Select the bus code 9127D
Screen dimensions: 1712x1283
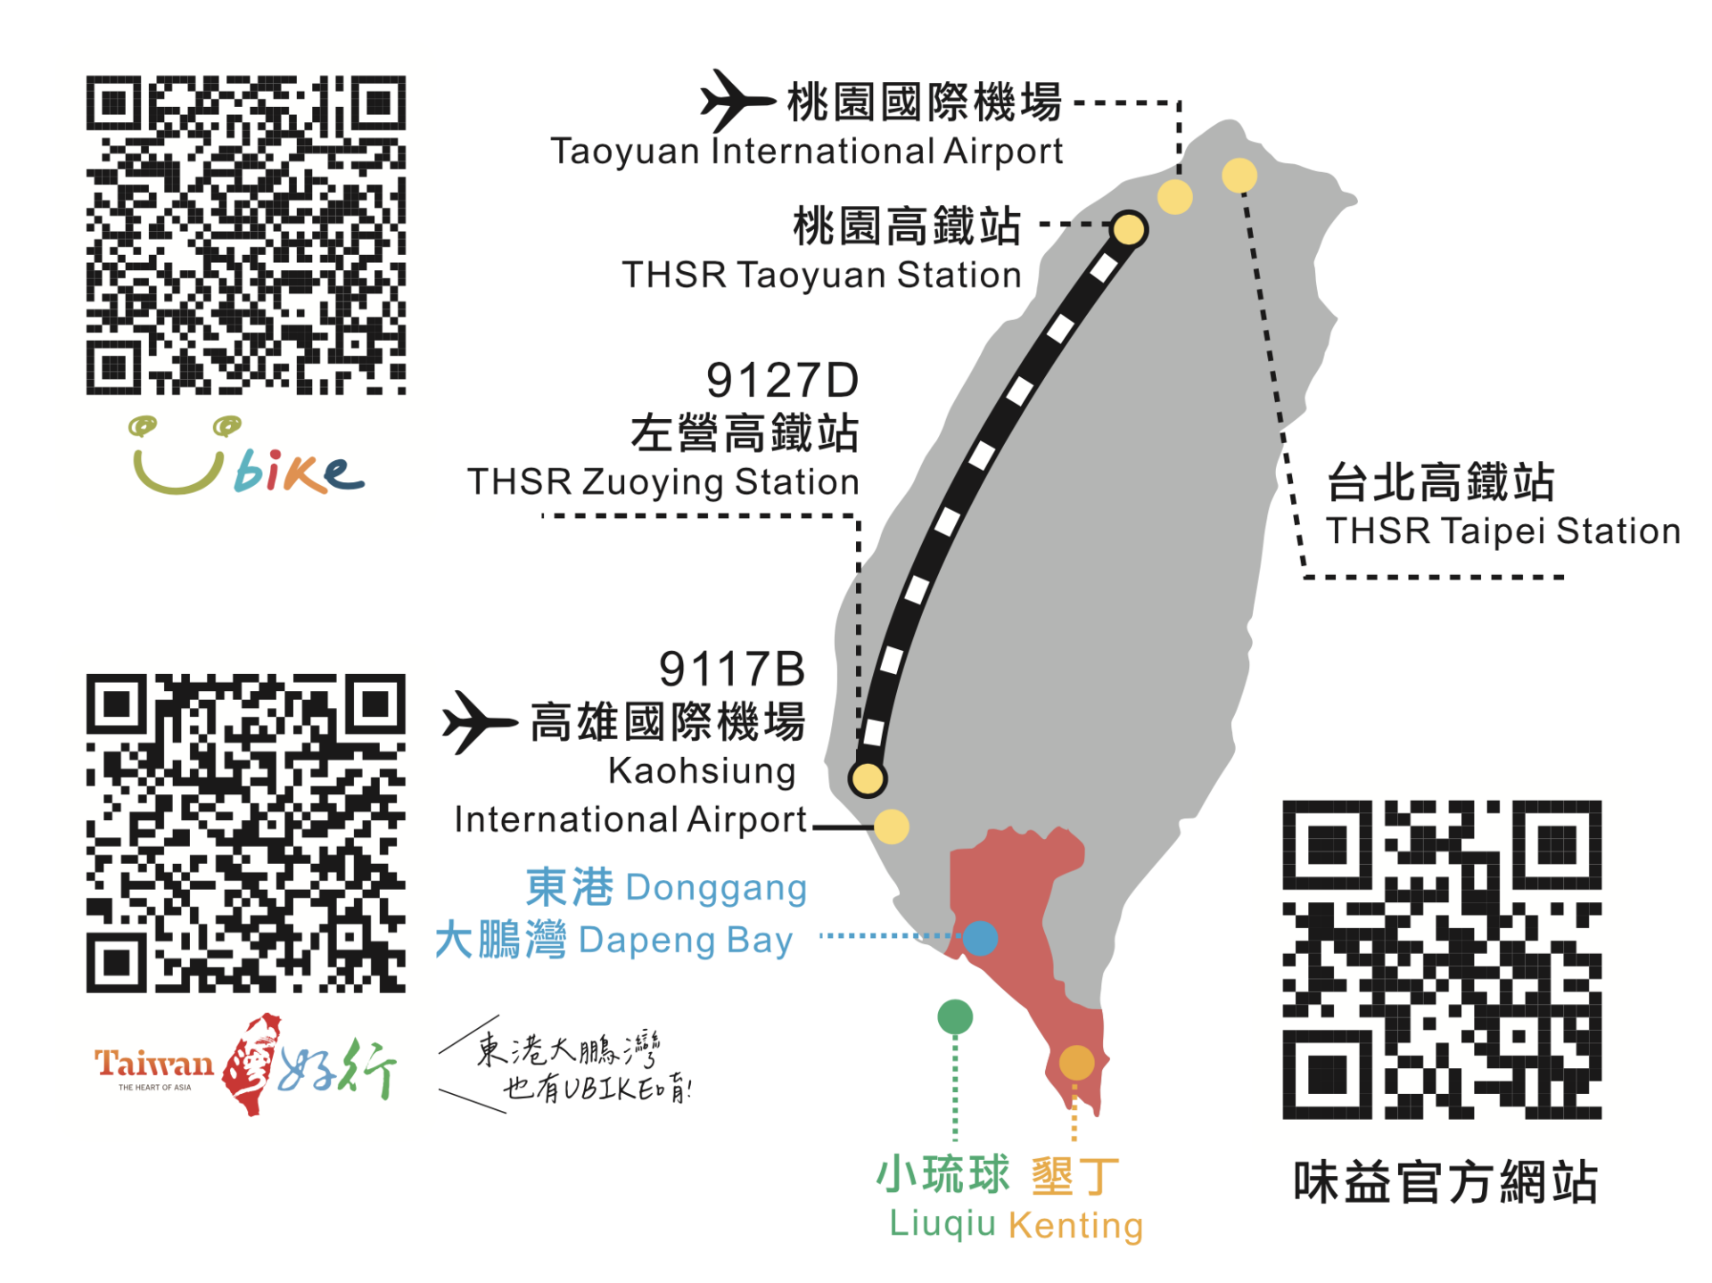click(782, 381)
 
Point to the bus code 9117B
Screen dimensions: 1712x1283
click(732, 669)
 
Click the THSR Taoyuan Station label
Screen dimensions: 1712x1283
click(821, 276)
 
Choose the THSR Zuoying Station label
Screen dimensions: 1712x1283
click(663, 482)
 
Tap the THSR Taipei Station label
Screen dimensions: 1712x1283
click(1502, 531)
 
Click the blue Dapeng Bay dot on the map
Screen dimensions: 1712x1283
click(980, 938)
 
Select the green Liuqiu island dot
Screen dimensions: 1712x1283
click(955, 1016)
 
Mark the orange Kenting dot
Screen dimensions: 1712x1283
click(1076, 1063)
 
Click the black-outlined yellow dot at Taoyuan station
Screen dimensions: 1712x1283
click(1129, 229)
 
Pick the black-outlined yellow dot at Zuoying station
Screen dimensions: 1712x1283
click(867, 778)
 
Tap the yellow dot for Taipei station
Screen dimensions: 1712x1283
click(1239, 176)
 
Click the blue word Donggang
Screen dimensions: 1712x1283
click(716, 888)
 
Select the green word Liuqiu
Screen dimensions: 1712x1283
click(942, 1223)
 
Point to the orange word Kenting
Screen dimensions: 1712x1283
click(1076, 1225)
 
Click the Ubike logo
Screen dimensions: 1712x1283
click(247, 455)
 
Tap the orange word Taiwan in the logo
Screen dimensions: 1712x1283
click(154, 1063)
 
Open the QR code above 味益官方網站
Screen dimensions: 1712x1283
click(1442, 960)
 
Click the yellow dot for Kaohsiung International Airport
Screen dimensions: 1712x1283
click(892, 827)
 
